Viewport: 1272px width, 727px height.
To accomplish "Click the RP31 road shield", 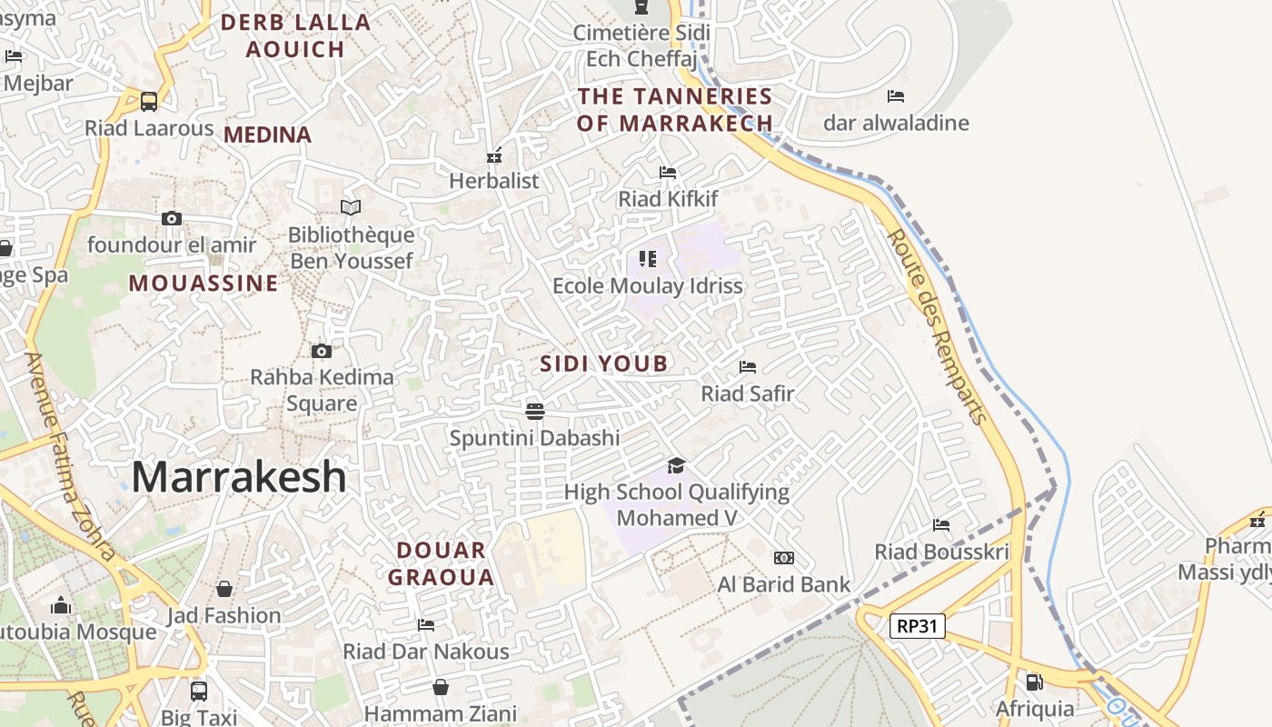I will tap(918, 625).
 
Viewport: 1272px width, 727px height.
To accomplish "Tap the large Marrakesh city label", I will tap(240, 477).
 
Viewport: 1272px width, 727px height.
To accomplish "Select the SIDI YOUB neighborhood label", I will tap(604, 363).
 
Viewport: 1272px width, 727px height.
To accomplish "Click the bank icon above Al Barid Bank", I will tap(783, 557).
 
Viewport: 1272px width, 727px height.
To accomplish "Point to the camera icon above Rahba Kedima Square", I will tap(321, 351).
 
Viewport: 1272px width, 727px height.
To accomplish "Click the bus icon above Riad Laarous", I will tap(149, 101).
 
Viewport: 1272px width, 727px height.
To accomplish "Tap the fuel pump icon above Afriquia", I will tap(1034, 682).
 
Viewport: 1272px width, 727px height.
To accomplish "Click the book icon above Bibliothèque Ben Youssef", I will tap(351, 207).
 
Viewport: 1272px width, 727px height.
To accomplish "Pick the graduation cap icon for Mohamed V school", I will tap(676, 465).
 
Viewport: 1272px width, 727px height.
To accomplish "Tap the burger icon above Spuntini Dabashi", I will tap(535, 411).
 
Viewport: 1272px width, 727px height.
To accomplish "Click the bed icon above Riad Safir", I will tap(748, 367).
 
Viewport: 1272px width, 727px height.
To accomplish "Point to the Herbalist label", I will tap(494, 180).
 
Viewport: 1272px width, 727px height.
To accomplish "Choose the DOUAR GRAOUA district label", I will tap(442, 563).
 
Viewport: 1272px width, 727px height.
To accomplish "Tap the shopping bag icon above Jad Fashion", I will tap(224, 589).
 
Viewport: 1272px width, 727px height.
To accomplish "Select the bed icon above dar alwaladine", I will tap(896, 95).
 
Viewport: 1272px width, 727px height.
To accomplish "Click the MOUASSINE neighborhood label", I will tap(204, 284).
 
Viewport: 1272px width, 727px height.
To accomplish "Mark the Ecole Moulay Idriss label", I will tap(648, 285).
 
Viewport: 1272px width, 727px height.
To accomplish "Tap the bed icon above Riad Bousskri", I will tap(941, 524).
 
